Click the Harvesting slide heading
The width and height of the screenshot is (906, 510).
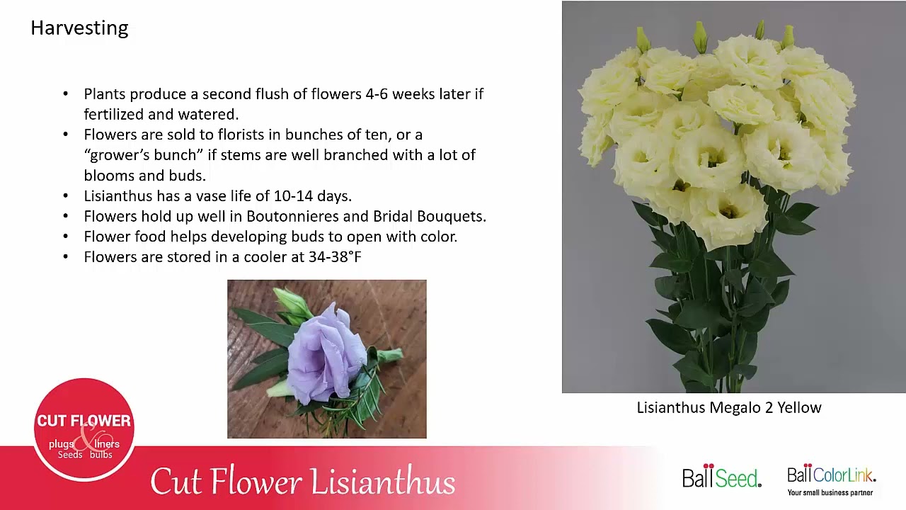(79, 28)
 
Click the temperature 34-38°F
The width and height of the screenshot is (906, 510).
(335, 257)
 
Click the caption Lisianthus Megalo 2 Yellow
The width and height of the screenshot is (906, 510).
(728, 408)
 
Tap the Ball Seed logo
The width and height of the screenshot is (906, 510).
(721, 477)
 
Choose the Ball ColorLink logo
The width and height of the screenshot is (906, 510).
(831, 474)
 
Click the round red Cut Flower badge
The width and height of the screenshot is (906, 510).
(84, 429)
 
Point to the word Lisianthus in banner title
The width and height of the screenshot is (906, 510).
(382, 482)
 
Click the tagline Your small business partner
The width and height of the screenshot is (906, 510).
(830, 492)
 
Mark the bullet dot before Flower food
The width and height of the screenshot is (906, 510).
(66, 237)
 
